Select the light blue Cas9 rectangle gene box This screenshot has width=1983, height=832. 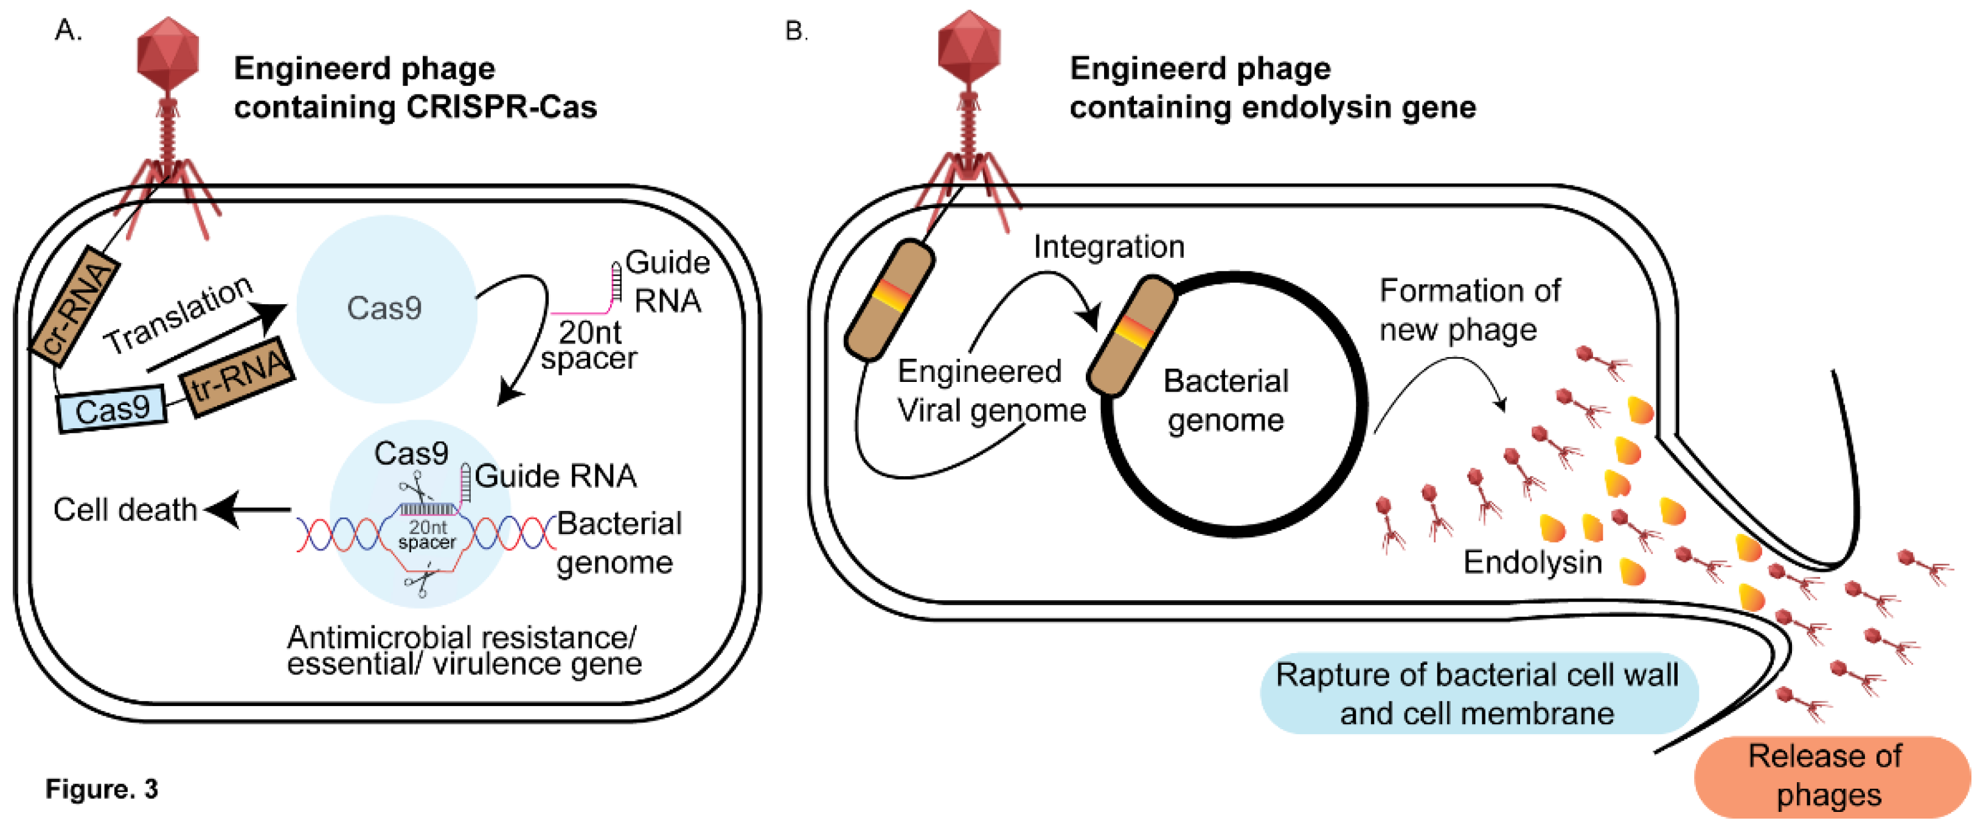point(113,409)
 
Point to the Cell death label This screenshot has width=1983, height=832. point(125,510)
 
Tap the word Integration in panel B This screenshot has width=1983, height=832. point(1108,247)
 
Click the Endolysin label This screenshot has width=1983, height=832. point(1532,562)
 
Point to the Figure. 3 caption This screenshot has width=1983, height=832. point(102,789)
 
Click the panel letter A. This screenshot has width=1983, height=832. point(68,31)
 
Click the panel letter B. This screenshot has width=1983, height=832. point(795,32)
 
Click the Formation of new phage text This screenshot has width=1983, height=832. point(1469,310)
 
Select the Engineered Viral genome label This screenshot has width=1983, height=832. point(989,391)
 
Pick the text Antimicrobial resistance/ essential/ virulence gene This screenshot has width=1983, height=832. point(464,650)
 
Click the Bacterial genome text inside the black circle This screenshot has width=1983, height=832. point(1226,400)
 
